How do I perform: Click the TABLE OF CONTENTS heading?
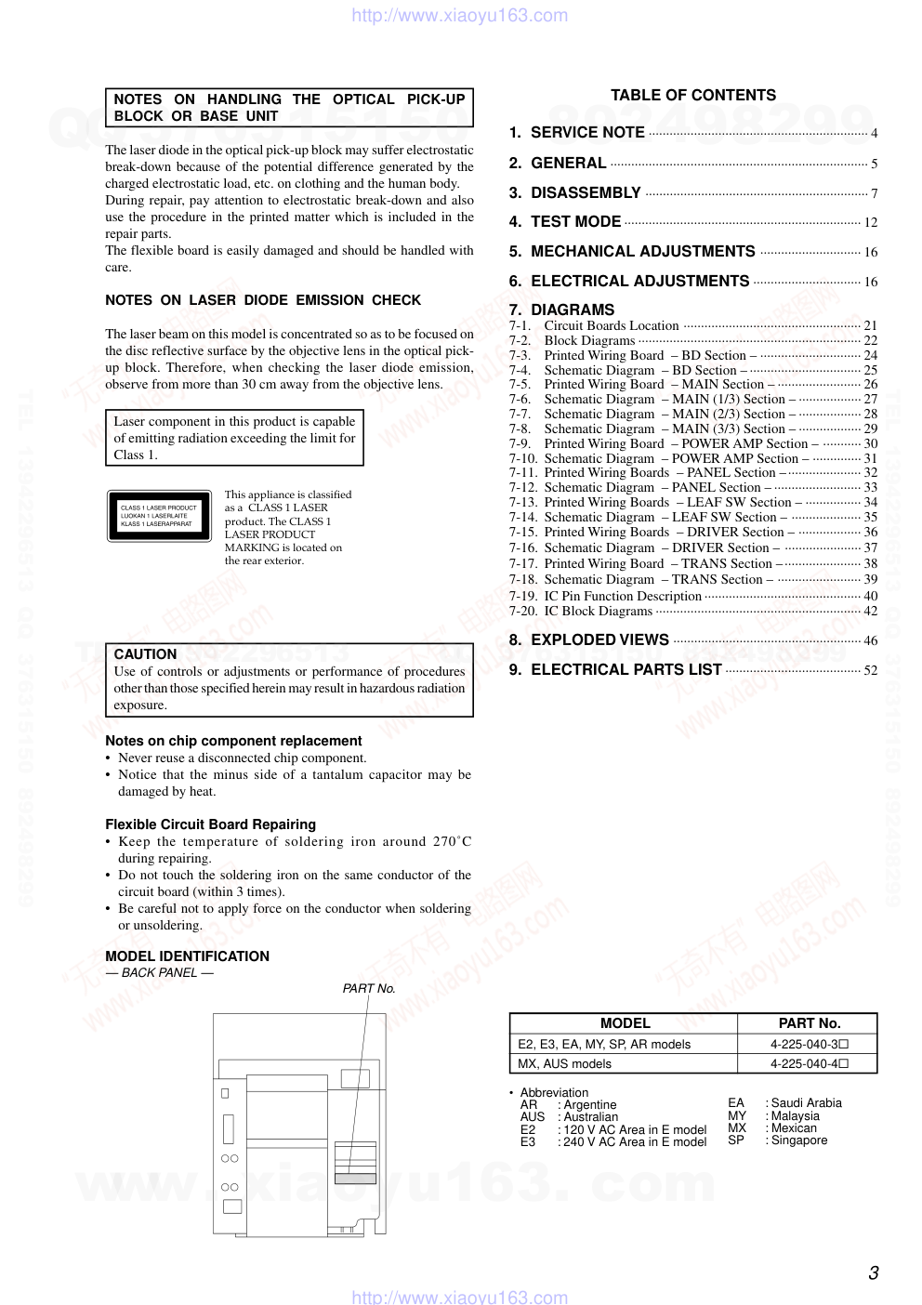pos(692,95)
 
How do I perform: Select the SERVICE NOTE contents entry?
pos(587,133)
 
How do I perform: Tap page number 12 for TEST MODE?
pos(870,223)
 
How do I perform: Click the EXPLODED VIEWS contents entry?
pos(599,640)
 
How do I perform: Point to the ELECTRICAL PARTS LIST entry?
pos(626,670)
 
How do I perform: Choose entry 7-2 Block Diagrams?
pos(589,341)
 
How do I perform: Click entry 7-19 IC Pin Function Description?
pos(622,597)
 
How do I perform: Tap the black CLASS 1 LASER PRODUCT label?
pos(159,516)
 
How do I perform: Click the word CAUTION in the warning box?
pos(145,654)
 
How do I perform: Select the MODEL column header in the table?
pos(625,1023)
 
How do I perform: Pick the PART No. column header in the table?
pos(809,1023)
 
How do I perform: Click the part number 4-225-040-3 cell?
pos(809,1045)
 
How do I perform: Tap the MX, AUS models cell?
pos(565,1064)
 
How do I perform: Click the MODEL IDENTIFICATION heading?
pos(187,956)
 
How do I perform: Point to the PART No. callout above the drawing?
pos(369,989)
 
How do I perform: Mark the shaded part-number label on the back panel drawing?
pos(355,1179)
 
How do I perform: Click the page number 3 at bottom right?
pos(873,1273)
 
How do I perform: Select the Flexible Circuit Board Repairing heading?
pos(210,824)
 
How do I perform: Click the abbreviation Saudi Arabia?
pos(806,1103)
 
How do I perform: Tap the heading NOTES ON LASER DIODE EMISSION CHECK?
pos(263,300)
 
